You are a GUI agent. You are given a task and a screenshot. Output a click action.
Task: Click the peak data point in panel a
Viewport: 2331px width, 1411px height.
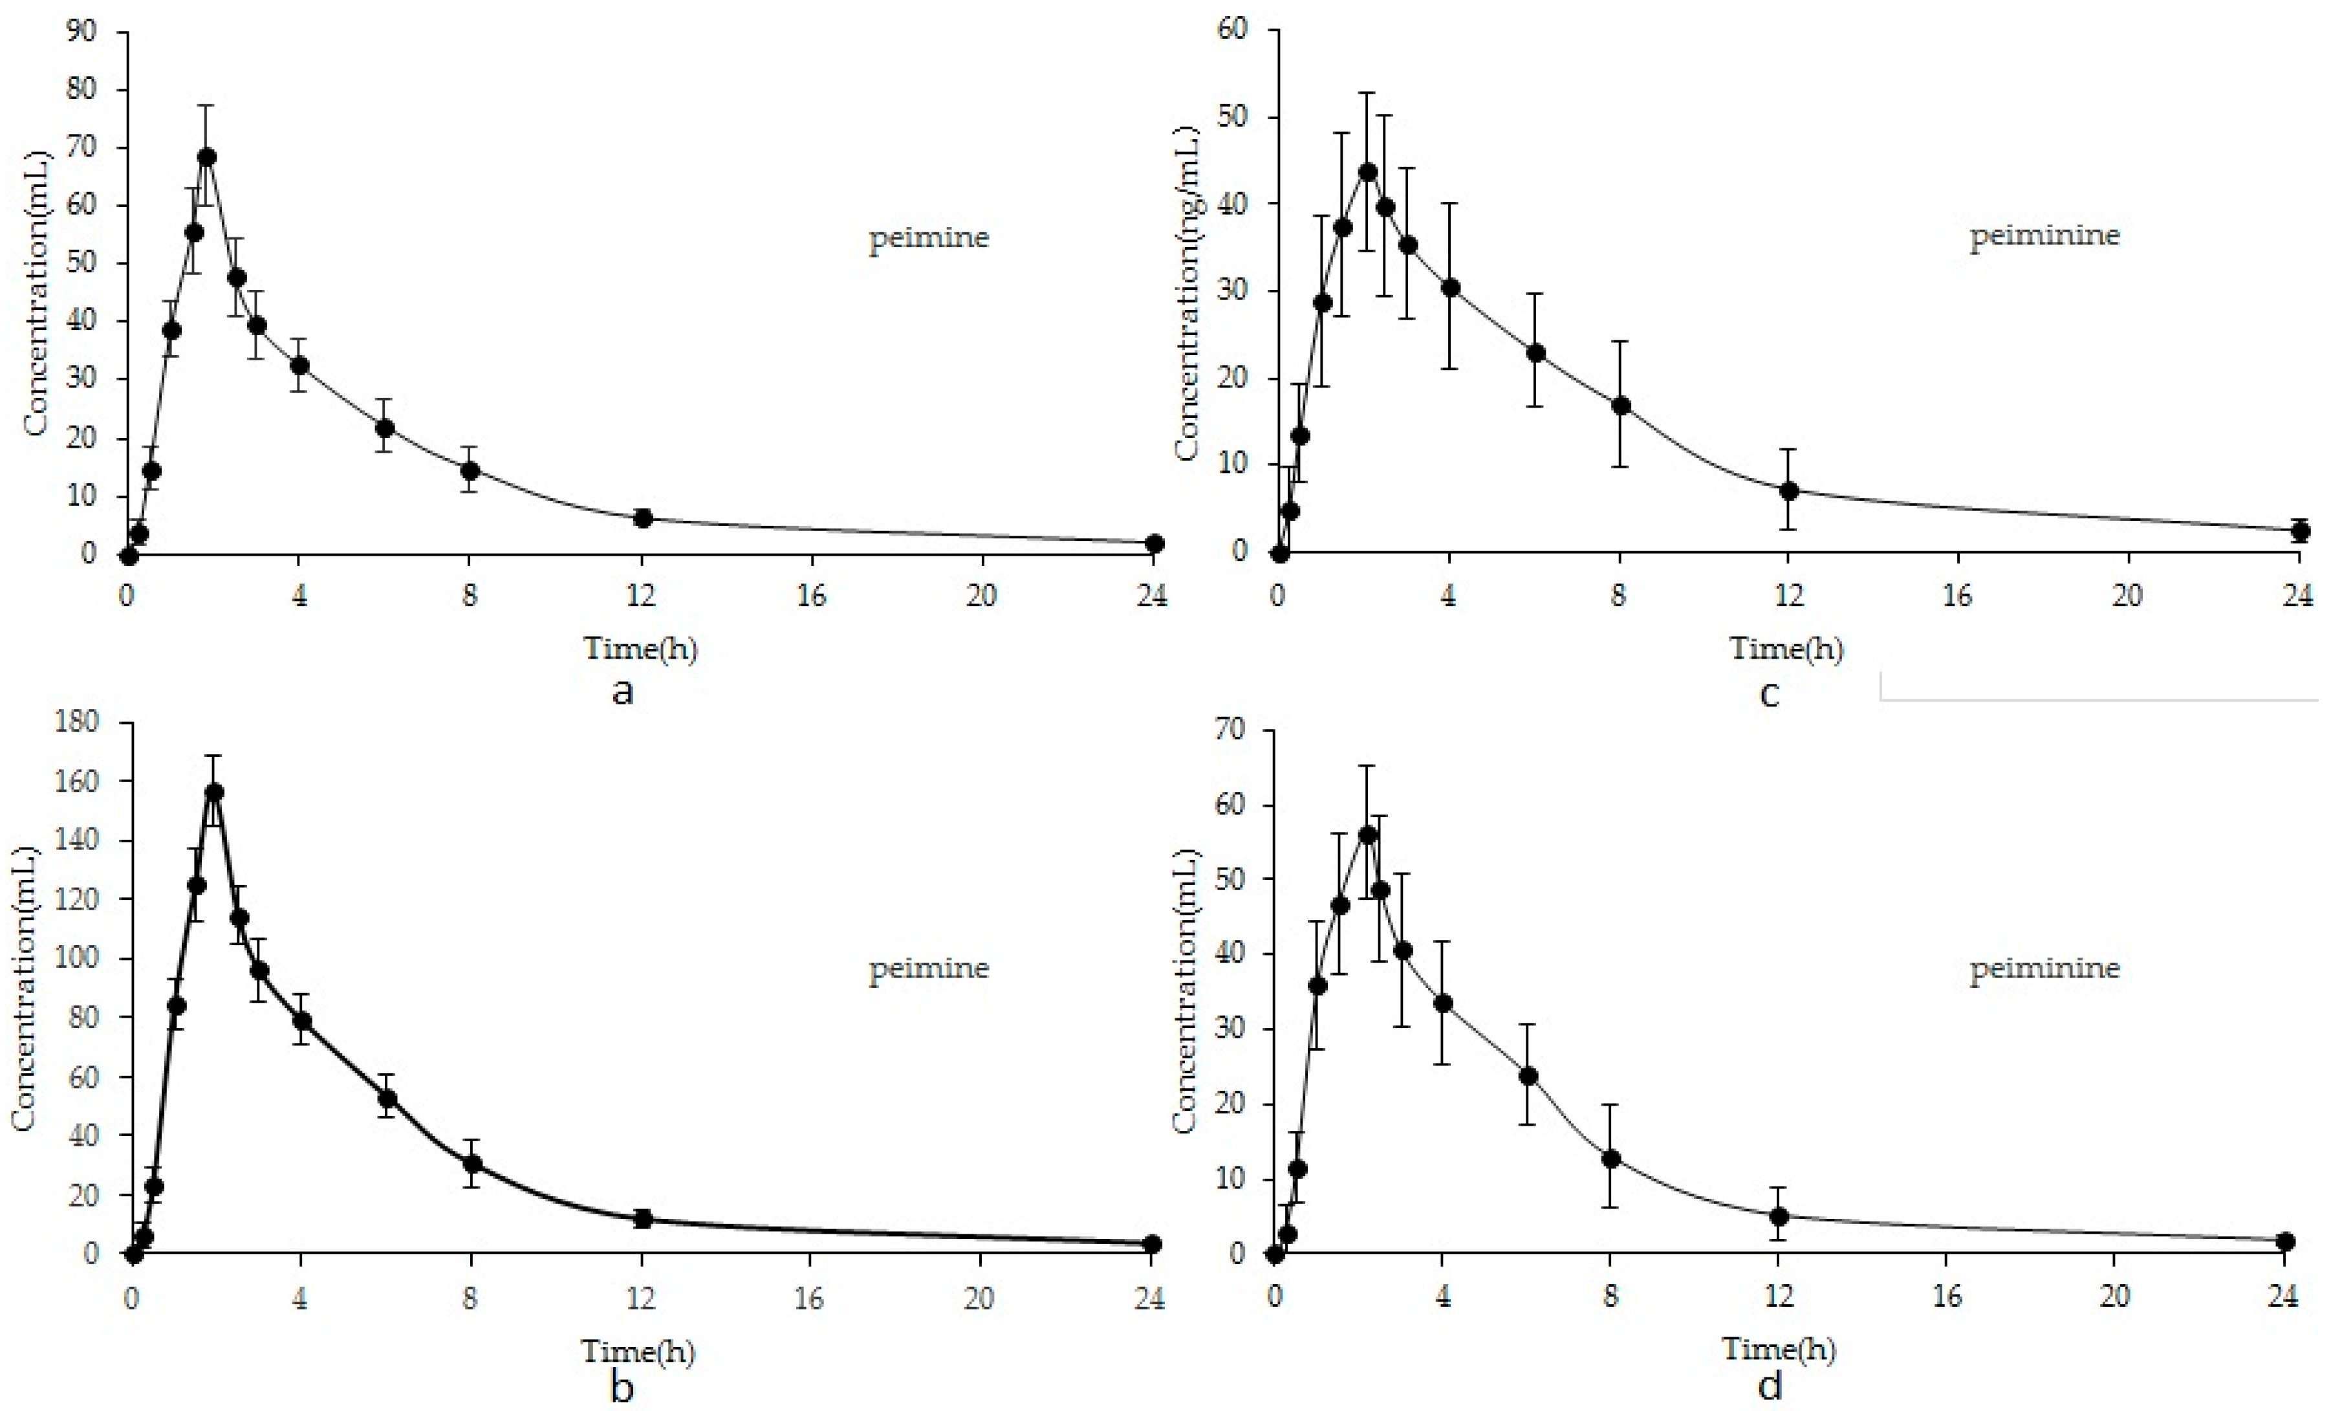coord(207,157)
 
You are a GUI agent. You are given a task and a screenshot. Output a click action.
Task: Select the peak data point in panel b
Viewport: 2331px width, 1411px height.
coord(215,792)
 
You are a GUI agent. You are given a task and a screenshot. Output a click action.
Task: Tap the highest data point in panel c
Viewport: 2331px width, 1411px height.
coord(1367,172)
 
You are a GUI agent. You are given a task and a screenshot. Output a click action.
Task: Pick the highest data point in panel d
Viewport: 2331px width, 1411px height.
coord(1368,835)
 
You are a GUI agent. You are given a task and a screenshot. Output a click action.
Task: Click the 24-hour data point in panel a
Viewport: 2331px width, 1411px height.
coord(1154,544)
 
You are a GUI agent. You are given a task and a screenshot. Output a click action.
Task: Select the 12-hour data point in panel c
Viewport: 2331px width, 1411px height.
coord(1788,491)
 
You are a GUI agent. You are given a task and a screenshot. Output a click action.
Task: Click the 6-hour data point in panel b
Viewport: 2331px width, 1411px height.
coord(387,1099)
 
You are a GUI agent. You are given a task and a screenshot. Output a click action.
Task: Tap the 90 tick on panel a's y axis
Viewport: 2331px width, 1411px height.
coord(81,31)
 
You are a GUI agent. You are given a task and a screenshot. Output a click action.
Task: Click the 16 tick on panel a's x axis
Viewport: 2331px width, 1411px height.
coord(811,596)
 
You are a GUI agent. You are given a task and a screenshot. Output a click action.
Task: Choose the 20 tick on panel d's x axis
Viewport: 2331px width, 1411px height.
coord(2116,1296)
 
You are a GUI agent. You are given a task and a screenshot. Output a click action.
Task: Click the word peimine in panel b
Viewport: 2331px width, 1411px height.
coord(929,968)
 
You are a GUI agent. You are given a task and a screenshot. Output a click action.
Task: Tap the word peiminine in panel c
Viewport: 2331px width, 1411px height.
coord(2044,235)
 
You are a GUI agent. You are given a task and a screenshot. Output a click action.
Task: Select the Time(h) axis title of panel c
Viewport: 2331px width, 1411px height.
coord(1786,649)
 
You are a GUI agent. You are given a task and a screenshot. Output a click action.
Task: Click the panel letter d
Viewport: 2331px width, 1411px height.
coord(1771,1386)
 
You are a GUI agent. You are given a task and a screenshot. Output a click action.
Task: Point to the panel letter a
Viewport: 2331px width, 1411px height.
coord(622,692)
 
